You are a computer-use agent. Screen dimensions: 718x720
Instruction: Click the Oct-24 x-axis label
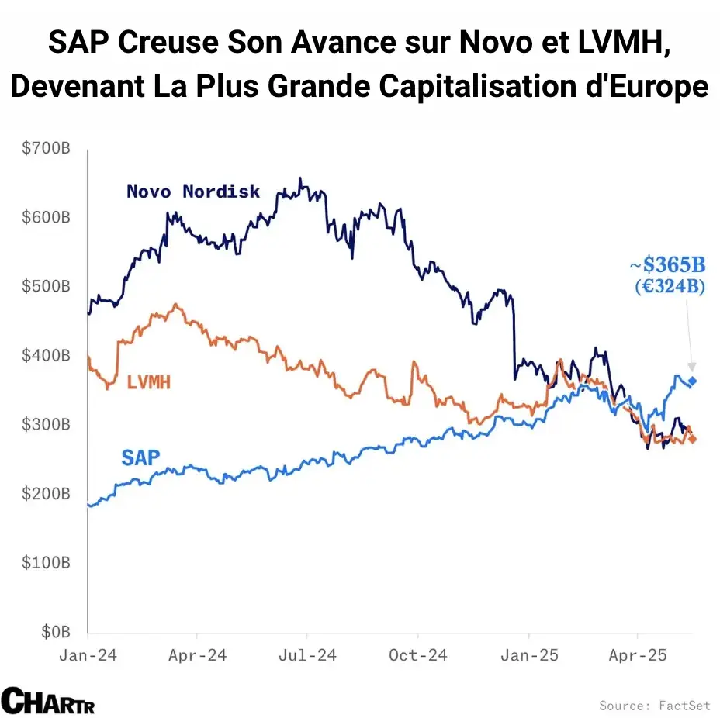coord(417,655)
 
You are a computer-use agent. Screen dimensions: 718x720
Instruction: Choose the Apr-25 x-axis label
coord(636,655)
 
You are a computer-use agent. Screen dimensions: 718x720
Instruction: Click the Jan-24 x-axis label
coord(88,655)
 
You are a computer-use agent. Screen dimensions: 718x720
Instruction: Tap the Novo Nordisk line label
coord(193,191)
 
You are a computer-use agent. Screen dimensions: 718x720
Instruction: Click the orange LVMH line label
coord(148,381)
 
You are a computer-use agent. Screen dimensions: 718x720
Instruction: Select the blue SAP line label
coord(140,457)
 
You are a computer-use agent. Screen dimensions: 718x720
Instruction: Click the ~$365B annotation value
coord(667,266)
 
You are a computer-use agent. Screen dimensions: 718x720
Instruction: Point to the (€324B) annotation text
coord(669,286)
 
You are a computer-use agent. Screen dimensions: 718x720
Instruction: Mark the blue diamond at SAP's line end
coord(692,381)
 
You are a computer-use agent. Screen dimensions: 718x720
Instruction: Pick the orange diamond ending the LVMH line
coord(692,440)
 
